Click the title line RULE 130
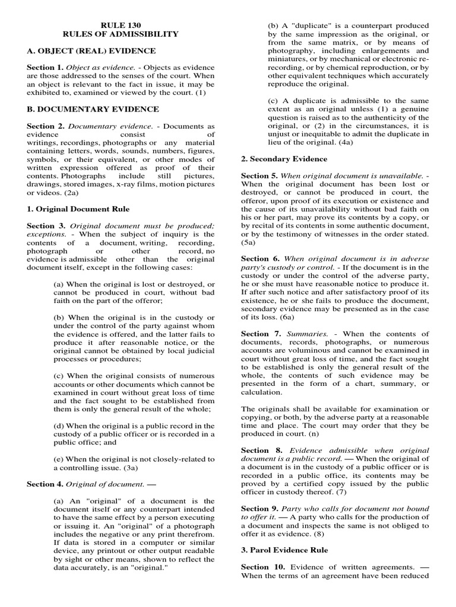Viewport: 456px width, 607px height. [x=120, y=25]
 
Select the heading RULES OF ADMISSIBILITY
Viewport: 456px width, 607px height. [x=120, y=34]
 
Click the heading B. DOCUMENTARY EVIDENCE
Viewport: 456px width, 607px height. [x=93, y=109]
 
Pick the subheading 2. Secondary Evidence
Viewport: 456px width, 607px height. [x=284, y=159]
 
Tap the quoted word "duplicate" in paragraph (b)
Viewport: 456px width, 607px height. [x=307, y=25]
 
